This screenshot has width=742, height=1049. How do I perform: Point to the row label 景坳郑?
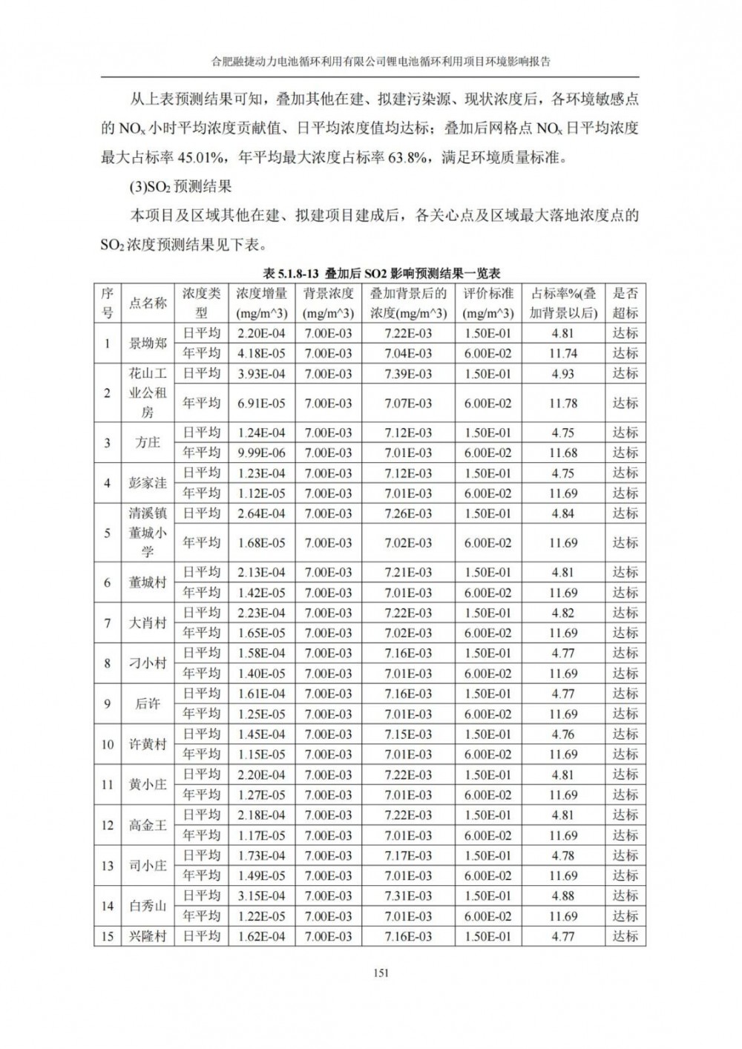[x=148, y=343]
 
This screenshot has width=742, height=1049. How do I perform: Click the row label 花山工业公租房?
[x=148, y=392]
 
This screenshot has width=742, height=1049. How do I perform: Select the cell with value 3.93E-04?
[x=261, y=373]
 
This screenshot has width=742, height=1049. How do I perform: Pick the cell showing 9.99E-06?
[x=261, y=453]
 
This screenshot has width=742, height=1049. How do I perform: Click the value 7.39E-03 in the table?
[x=408, y=373]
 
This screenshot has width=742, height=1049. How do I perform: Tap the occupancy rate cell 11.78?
[x=563, y=403]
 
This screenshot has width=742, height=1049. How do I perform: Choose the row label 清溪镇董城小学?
[x=148, y=533]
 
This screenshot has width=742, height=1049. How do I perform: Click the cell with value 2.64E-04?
[x=261, y=513]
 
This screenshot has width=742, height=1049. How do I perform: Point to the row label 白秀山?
[x=148, y=906]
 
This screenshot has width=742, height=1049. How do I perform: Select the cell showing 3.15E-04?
[x=261, y=895]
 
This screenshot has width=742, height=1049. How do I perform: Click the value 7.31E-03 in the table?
[x=408, y=895]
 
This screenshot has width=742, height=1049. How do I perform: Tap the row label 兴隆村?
[x=148, y=936]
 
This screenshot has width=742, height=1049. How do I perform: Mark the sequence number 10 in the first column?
[x=108, y=744]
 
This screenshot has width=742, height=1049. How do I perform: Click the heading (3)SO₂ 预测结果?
[x=181, y=186]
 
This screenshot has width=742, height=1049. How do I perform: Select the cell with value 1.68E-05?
[x=261, y=543]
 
